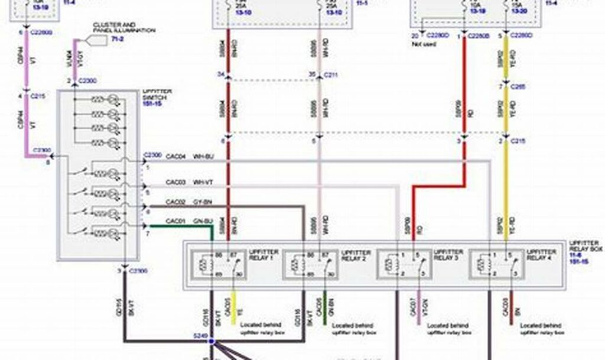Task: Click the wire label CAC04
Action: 175,156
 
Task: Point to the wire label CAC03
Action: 175,182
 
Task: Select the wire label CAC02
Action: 175,202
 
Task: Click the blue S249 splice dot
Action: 211,342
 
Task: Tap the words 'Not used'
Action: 425,44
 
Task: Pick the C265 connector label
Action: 518,86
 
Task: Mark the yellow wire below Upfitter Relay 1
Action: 235,307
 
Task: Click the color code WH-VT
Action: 204,182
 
